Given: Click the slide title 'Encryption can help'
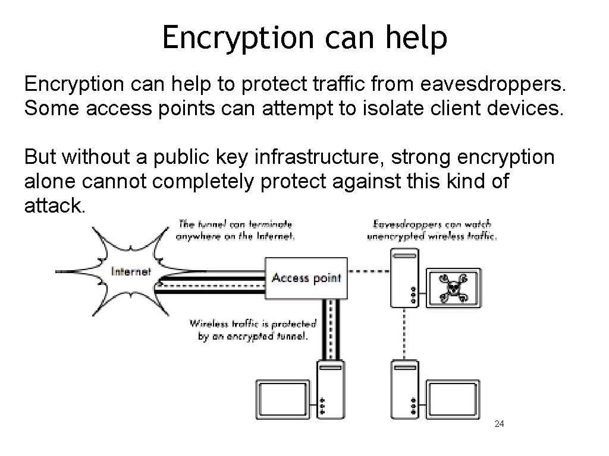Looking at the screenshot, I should pos(304,38).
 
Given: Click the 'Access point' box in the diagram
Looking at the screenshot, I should pos(306,277).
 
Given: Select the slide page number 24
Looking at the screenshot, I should pos(500,424).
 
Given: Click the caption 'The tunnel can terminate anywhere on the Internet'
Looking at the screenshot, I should pos(236,230).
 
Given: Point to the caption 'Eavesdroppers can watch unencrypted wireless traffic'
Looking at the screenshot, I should pos(432,230).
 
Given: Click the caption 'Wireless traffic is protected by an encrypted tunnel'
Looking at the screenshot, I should pos(253,330).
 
